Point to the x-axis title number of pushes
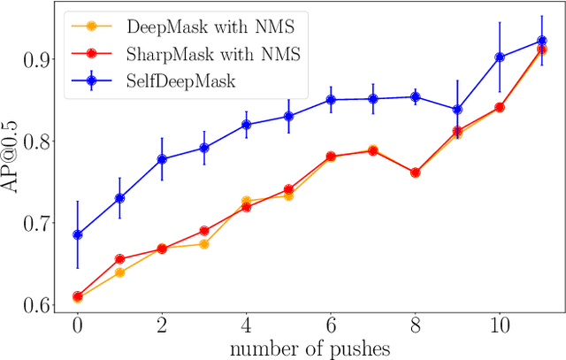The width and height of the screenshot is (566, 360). click(310, 348)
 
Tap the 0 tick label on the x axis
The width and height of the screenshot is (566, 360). click(78, 325)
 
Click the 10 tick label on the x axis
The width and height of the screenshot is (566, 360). click(499, 325)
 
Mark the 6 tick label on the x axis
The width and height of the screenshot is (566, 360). click(331, 325)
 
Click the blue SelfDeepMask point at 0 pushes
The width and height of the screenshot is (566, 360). click(78, 234)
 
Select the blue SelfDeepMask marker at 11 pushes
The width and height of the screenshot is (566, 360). click(541, 41)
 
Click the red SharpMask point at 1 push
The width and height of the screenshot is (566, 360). click(119, 259)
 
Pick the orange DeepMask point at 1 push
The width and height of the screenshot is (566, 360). click(119, 272)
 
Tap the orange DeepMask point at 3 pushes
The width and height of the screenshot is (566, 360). click(204, 244)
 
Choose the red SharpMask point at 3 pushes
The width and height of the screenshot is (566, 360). click(204, 231)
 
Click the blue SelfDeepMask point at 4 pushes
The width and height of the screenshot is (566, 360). click(246, 125)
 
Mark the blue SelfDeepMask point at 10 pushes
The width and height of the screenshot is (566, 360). click(500, 57)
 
